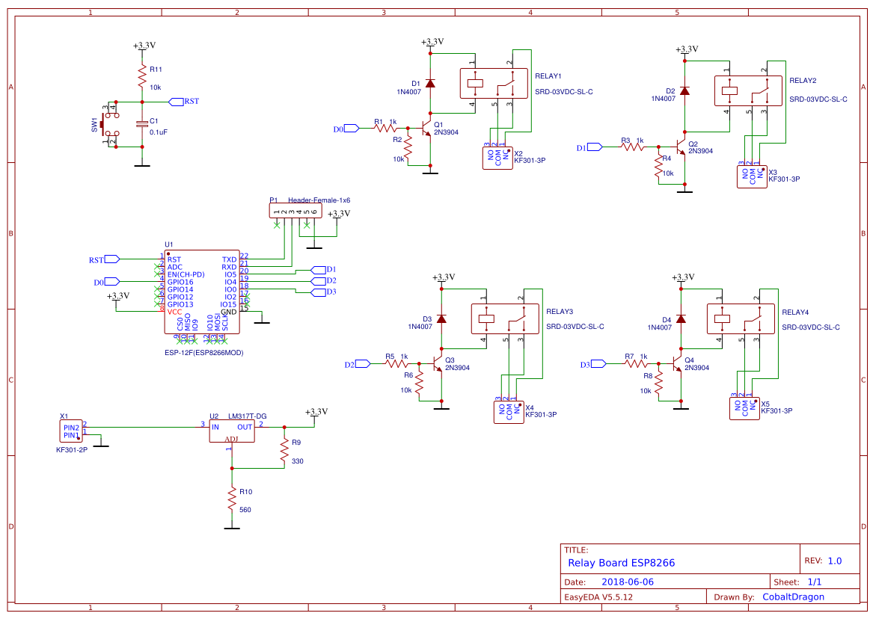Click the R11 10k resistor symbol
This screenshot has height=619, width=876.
click(141, 76)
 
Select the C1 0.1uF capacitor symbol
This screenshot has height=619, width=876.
click(141, 123)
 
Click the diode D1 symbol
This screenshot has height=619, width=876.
click(429, 83)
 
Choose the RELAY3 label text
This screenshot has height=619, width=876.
click(560, 312)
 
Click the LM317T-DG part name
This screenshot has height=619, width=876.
click(248, 416)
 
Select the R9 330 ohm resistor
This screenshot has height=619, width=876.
click(284, 451)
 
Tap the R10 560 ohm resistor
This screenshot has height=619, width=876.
click(233, 500)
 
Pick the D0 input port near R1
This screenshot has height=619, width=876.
click(347, 129)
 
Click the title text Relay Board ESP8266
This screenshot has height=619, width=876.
click(621, 563)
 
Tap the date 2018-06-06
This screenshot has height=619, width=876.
click(628, 582)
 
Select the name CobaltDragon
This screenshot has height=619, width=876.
click(793, 597)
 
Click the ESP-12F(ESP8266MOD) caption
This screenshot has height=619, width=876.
click(204, 352)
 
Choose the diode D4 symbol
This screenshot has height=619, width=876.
click(681, 318)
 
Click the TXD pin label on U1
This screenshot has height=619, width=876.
click(229, 259)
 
